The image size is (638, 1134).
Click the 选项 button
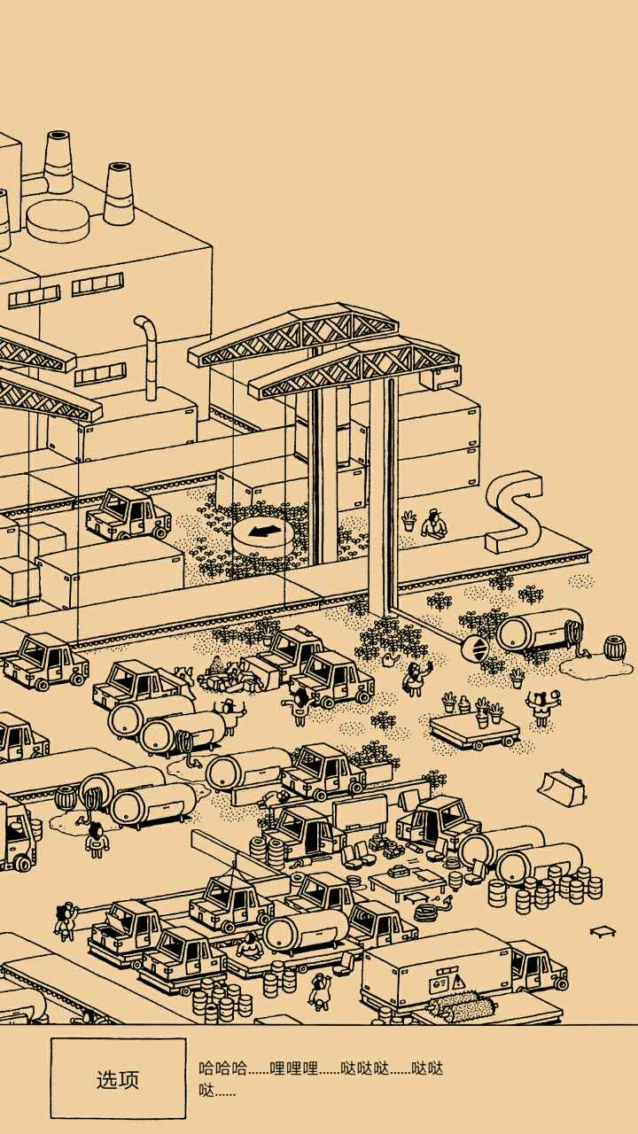(x=118, y=1079)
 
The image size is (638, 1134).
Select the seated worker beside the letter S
(x=433, y=524)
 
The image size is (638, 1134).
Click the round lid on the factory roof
(x=58, y=220)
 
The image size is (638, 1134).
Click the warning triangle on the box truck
(x=457, y=981)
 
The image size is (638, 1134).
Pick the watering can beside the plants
(x=391, y=659)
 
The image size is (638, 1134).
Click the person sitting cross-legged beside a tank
(x=251, y=946)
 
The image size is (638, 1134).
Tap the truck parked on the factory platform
(x=129, y=514)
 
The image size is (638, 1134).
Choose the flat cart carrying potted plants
(x=474, y=728)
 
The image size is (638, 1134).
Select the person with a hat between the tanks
(x=230, y=712)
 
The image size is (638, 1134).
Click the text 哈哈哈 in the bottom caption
(x=222, y=1068)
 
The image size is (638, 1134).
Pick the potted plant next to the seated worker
(x=408, y=520)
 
